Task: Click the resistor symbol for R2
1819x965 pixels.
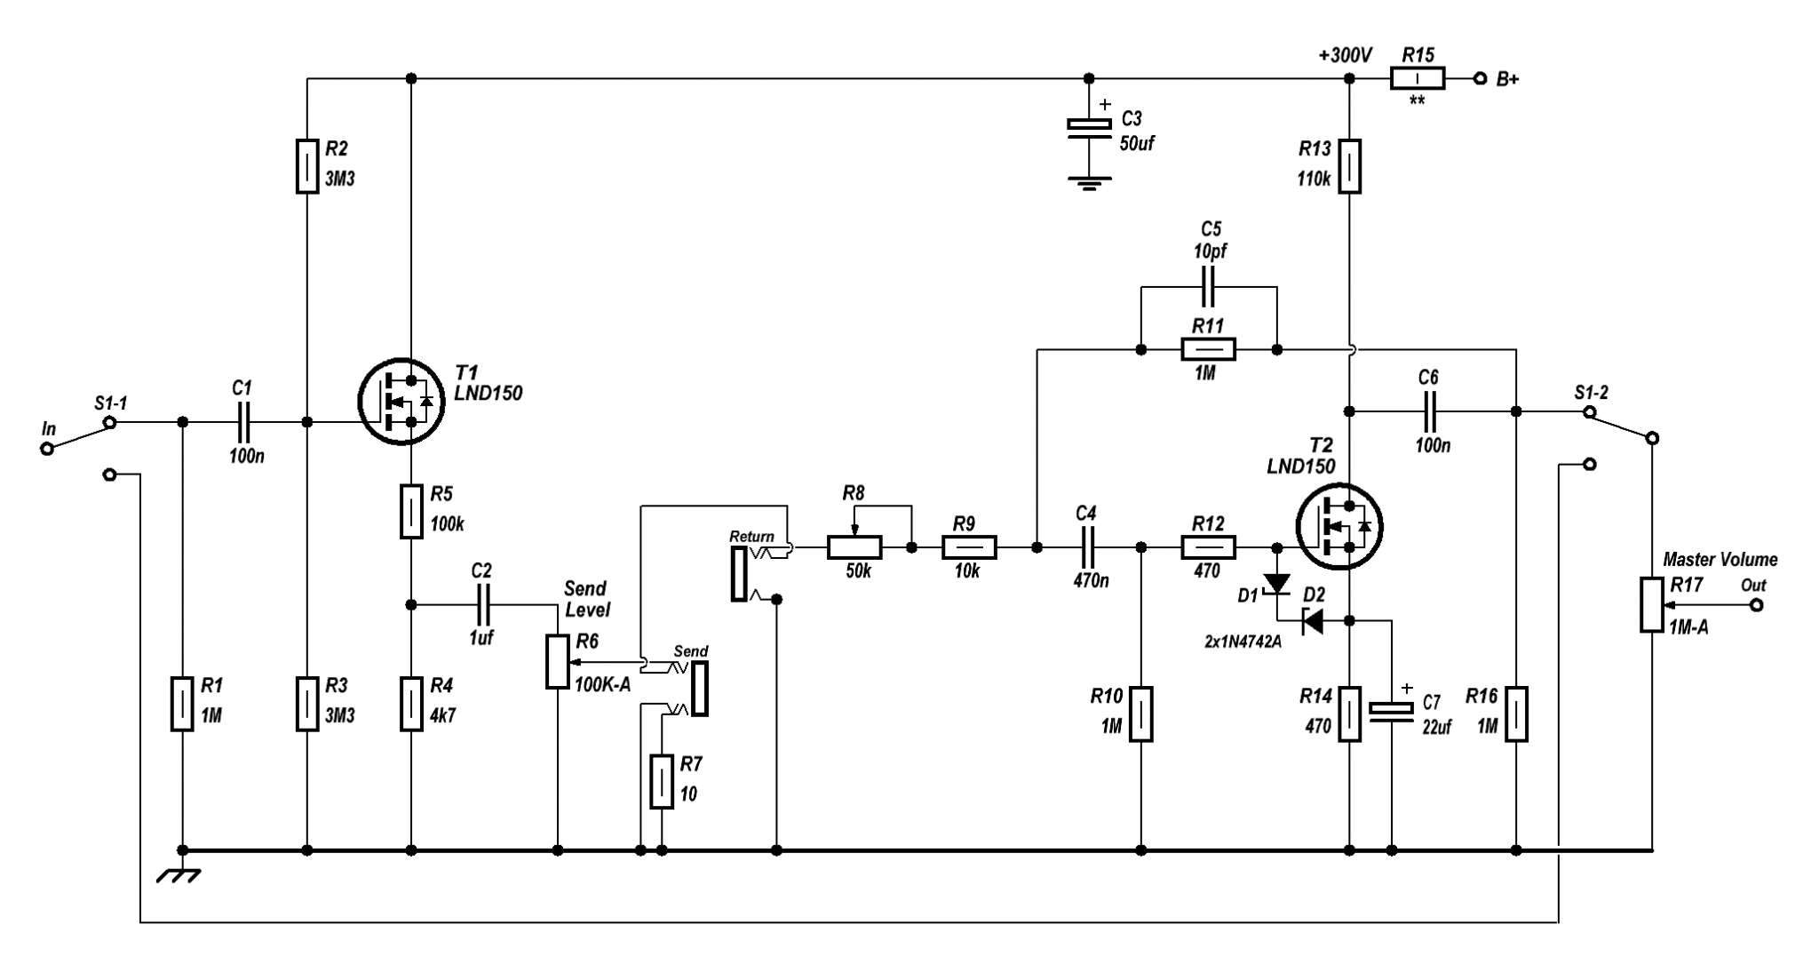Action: (306, 166)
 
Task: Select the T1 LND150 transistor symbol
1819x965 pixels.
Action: (401, 403)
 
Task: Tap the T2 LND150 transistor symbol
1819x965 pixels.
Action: (1339, 527)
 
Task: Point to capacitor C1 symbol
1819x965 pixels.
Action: (244, 422)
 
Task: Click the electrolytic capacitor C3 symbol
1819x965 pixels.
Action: (1089, 129)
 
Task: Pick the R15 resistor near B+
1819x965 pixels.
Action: (1417, 79)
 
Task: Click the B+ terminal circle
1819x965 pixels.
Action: (1480, 79)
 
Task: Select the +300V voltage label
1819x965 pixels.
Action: (1345, 56)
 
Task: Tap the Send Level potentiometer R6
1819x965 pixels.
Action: (557, 662)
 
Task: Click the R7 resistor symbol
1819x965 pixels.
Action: (662, 782)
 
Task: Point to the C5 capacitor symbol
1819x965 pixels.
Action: (1209, 288)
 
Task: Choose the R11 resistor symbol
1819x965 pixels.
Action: (1208, 350)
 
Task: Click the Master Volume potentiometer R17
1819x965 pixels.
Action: (1651, 605)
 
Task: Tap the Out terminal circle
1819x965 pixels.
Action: (1755, 605)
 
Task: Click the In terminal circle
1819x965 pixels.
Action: (47, 449)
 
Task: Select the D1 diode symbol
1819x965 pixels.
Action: (1277, 584)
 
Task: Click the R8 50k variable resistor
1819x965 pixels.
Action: (854, 547)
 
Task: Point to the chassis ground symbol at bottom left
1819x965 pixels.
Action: (180, 875)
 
